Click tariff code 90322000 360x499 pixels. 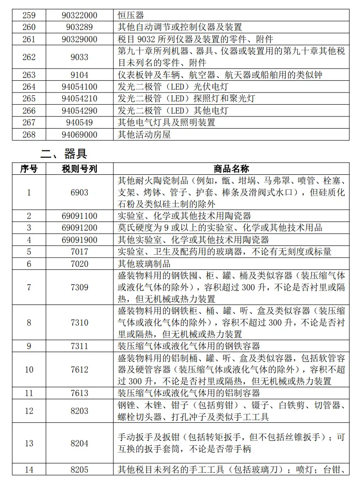[79, 15]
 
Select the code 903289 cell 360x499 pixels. [79, 27]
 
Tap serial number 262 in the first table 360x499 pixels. [29, 57]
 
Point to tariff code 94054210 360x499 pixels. [79, 99]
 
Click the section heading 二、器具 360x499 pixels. [63, 154]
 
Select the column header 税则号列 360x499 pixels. [79, 169]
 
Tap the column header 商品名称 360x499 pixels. [231, 169]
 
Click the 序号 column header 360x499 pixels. [29, 169]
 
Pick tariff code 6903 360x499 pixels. [79, 193]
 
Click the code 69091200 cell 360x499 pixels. [79, 228]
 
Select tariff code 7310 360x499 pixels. [79, 322]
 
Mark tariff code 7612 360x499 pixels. [79, 369]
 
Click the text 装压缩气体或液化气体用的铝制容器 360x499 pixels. [188, 393]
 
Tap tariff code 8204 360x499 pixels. [79, 443]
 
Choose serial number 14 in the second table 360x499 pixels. [29, 469]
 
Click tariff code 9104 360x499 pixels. [79, 75]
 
